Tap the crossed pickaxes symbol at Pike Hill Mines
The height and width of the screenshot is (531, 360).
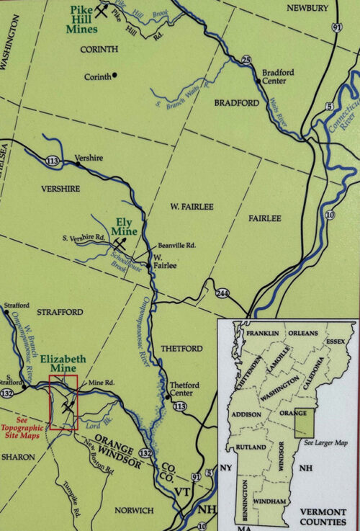click(105, 12)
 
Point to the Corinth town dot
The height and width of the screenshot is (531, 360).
click(114, 76)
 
